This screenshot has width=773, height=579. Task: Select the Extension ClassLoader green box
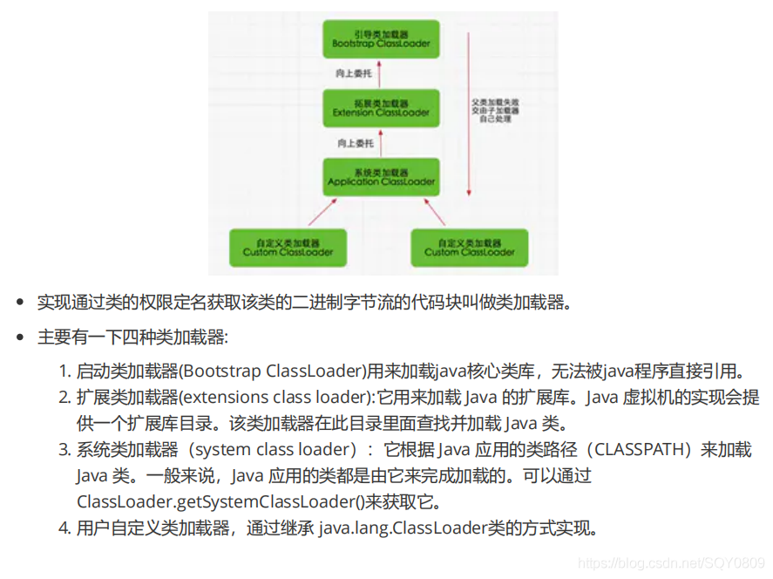381,107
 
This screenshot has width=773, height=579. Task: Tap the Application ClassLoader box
381,177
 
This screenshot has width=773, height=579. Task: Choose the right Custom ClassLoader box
470,247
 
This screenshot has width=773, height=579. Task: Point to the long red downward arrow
469,113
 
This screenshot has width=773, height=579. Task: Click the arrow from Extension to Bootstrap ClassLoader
382,73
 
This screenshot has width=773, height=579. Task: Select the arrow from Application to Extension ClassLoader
382,142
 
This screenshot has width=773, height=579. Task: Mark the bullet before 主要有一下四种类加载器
19,337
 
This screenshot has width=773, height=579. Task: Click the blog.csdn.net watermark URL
672,564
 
